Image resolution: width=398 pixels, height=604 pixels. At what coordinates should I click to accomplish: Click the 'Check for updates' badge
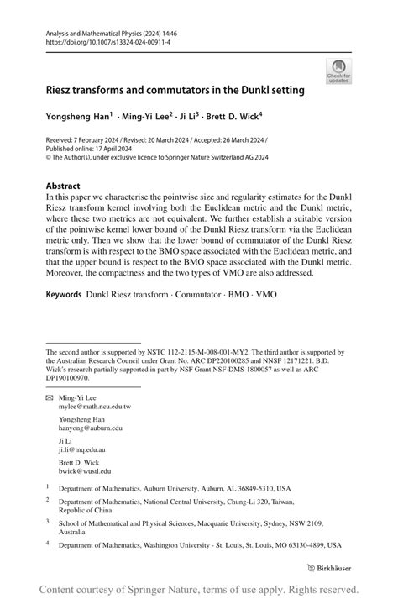pos(338,72)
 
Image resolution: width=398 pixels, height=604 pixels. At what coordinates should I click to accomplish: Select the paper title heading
pos(175,89)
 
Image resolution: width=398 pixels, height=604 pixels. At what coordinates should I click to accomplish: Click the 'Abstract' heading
pos(63,186)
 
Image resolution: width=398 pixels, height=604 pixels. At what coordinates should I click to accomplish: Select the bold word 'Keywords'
pos(64,295)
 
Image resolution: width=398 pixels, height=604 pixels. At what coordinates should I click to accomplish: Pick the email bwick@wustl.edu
pos(84,471)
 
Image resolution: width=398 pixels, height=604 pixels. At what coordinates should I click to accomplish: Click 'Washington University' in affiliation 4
pos(175,544)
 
